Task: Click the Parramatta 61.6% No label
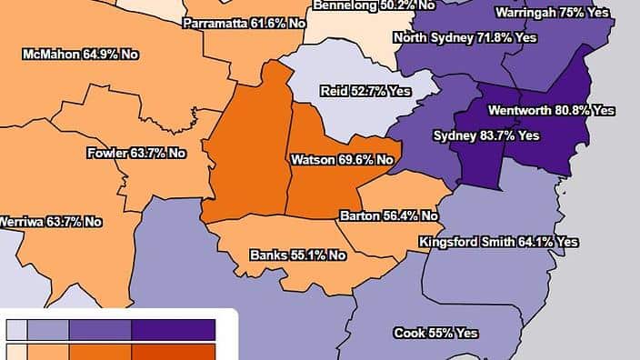click(x=243, y=23)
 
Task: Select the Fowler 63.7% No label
click(x=135, y=153)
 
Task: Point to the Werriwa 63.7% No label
click(x=49, y=221)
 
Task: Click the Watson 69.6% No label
click(x=342, y=160)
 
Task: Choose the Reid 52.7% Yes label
click(x=365, y=91)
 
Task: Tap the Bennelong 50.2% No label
click(x=373, y=5)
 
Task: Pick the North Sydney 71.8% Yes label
click(x=464, y=38)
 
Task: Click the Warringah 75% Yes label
click(x=563, y=14)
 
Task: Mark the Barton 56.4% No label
click(x=388, y=216)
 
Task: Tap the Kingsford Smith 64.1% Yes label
click(x=498, y=243)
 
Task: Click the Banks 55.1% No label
click(x=298, y=255)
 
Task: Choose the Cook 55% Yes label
click(x=435, y=334)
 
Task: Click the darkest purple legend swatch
click(x=174, y=328)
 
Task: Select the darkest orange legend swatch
click(x=174, y=352)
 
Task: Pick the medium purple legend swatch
click(x=100, y=328)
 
